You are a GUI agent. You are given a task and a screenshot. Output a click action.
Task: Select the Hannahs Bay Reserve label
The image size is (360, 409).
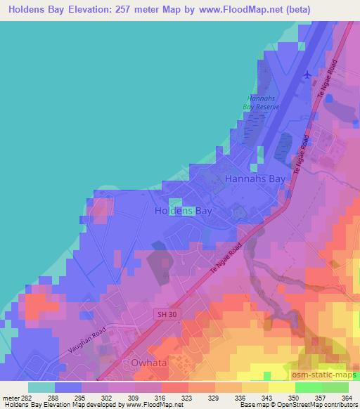click(264, 103)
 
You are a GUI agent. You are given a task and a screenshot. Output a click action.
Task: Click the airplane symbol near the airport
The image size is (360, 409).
click(306, 74)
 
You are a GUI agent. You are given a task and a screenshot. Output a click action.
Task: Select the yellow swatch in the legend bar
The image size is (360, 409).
click(282, 387)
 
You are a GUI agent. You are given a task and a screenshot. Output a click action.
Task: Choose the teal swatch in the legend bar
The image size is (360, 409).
click(41, 387)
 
